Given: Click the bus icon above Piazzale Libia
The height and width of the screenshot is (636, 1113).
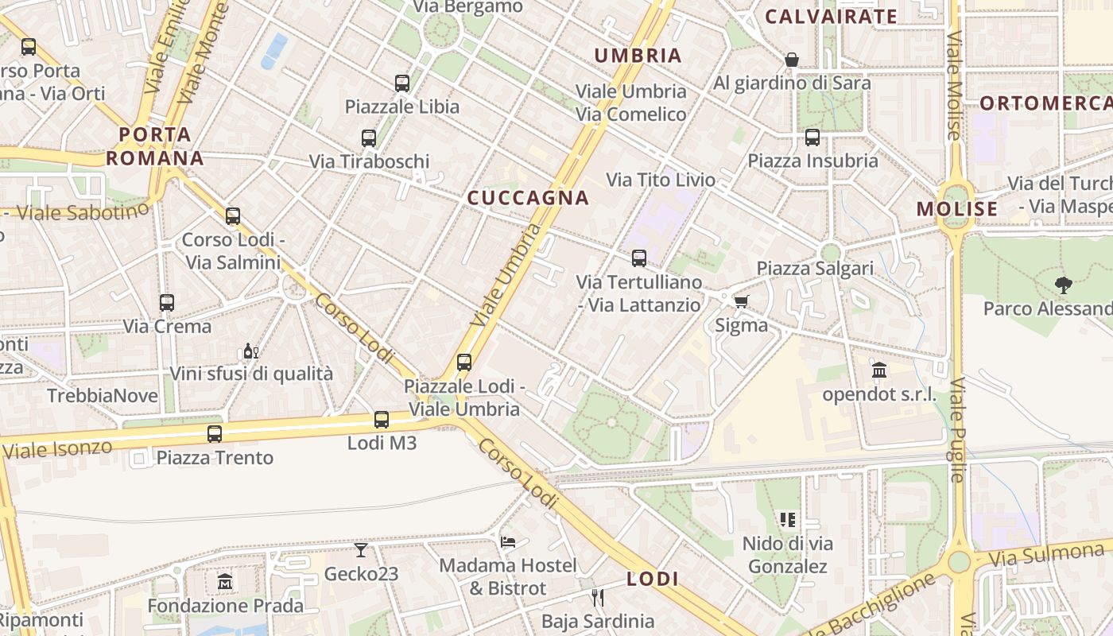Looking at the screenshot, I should [x=402, y=83].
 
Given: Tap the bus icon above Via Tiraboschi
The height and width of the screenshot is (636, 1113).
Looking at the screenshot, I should [x=369, y=138].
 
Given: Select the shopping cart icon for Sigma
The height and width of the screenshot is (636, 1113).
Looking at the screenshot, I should [x=741, y=301].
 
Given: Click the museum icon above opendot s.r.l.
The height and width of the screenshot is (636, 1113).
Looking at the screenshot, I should [x=879, y=370].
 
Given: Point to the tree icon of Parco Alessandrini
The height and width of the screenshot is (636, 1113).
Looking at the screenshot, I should [x=1063, y=285].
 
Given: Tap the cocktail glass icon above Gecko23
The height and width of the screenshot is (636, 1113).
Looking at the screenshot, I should [x=361, y=549].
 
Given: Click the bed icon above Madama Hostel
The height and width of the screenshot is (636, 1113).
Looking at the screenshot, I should [x=508, y=541].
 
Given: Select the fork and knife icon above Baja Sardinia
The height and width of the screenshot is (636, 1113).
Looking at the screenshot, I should [x=598, y=596].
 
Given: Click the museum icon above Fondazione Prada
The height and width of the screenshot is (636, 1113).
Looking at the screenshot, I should [x=225, y=581].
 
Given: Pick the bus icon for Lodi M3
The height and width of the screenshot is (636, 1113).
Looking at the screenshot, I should [x=382, y=419].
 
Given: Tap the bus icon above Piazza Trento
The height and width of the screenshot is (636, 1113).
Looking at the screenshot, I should [x=215, y=433].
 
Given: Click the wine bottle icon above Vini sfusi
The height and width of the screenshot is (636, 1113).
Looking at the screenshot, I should [x=250, y=350].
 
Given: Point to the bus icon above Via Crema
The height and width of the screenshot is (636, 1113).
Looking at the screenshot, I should [x=166, y=302].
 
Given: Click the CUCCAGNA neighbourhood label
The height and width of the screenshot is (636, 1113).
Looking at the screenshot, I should [x=528, y=198].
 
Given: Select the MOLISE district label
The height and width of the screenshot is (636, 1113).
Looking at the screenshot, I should [x=956, y=209].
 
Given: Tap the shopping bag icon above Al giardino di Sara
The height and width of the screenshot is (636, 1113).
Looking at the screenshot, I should [x=792, y=59].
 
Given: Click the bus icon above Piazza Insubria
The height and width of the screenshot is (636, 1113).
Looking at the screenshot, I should [x=812, y=137].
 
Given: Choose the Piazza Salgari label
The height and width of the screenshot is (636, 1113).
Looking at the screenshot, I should [x=815, y=268].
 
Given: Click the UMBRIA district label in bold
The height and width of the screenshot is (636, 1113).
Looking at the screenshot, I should [x=638, y=56].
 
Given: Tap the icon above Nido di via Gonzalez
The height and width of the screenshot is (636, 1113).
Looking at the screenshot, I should [x=788, y=520].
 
